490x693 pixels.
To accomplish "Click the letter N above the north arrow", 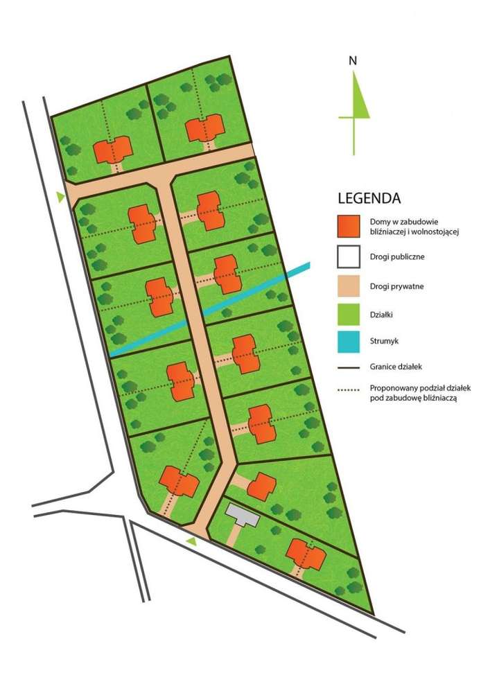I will coord(353,60).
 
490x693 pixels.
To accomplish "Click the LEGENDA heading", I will coord(369,198).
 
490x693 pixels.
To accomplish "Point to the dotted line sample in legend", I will coord(349,390).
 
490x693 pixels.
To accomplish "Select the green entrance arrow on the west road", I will coord(61,198).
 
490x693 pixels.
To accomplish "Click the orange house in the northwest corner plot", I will coord(113,150).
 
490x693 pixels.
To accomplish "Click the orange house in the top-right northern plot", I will coord(205,130).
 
